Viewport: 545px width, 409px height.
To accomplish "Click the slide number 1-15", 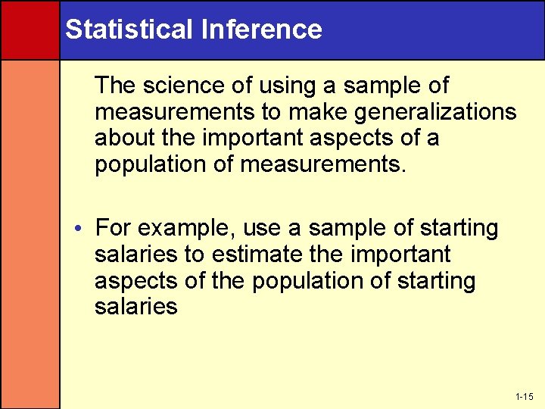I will [524, 397].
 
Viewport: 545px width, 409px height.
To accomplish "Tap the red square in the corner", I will [30, 30].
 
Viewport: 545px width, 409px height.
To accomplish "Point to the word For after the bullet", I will [114, 228].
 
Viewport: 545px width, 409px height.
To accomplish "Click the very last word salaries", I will [136, 307].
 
